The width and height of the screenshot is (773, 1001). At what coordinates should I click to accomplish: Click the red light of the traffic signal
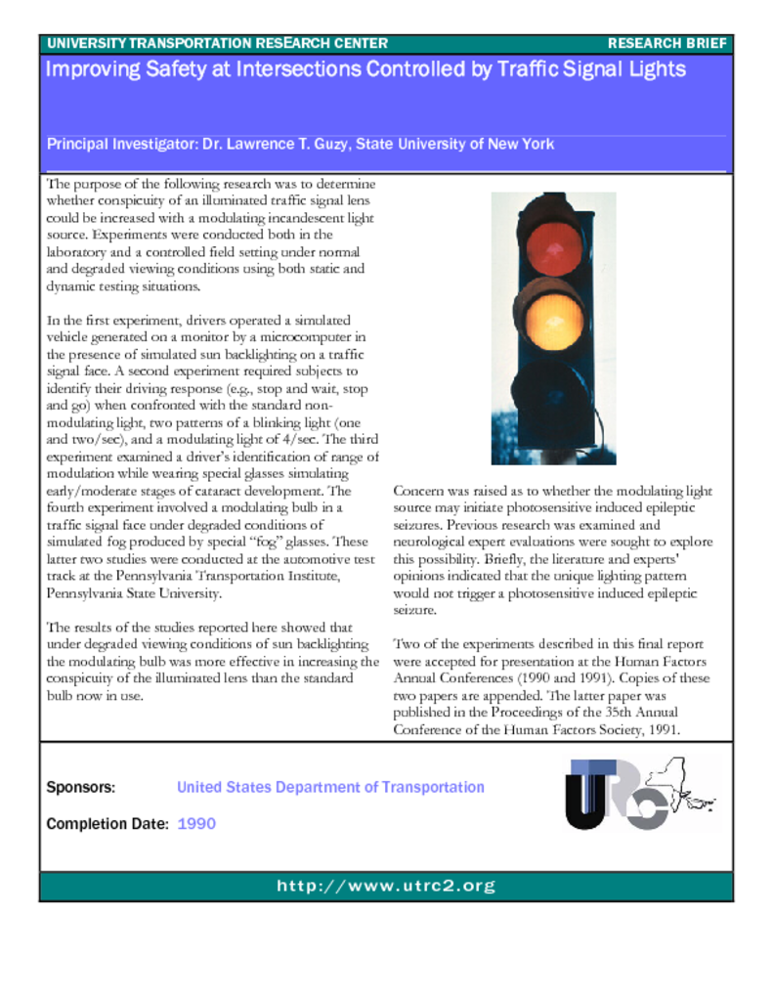coord(554,247)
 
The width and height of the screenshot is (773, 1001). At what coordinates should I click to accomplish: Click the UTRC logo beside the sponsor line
coord(618,794)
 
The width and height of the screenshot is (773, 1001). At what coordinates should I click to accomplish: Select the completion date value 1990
coord(196,824)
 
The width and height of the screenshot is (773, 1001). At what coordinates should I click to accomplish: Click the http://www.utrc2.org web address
coord(386,887)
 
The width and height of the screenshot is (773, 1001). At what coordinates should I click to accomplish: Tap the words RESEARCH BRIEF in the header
coord(667,44)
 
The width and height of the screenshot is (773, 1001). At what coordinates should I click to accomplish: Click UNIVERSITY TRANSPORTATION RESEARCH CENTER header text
coord(217,44)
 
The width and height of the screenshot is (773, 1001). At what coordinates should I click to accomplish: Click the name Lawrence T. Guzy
coord(276,145)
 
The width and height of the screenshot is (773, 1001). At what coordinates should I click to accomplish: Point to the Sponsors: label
coord(81,787)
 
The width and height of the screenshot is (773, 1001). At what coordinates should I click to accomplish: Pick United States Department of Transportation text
coord(330,787)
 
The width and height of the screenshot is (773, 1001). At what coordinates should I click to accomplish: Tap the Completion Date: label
coord(107,824)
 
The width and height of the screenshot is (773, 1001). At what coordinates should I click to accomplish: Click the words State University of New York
coord(455,145)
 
